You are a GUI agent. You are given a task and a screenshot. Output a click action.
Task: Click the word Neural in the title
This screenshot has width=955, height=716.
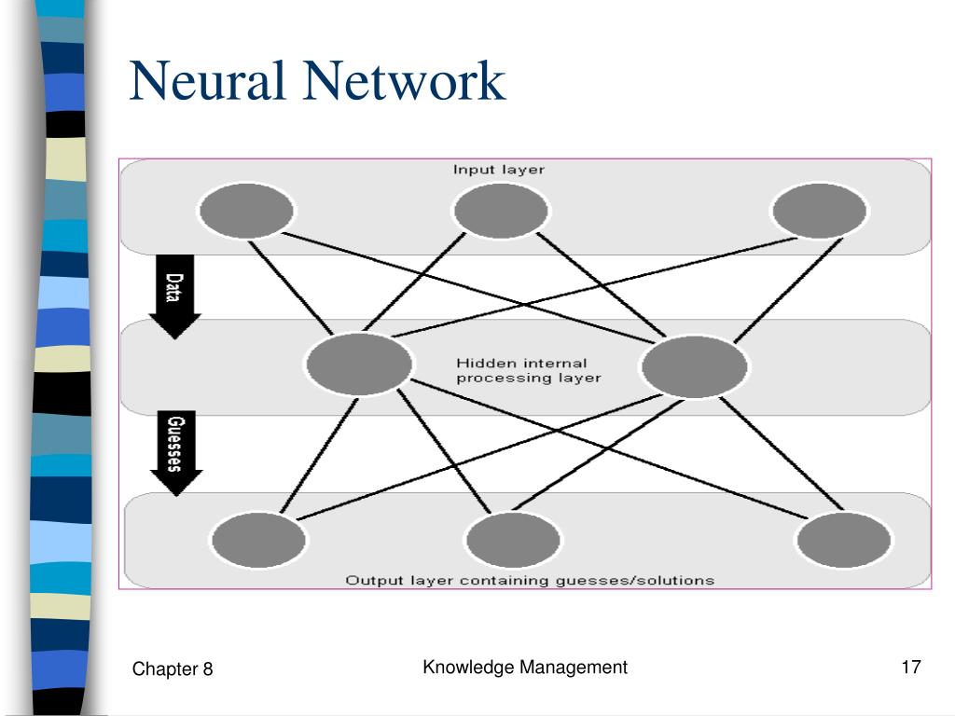(x=206, y=80)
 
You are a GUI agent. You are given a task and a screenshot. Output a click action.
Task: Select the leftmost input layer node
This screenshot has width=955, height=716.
(x=246, y=211)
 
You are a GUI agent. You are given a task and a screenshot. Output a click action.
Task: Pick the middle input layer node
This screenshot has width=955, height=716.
(x=501, y=211)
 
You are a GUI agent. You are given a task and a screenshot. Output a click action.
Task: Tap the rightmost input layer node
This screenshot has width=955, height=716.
(x=819, y=211)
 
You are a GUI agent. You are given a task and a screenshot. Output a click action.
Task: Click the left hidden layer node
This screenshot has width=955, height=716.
(x=359, y=365)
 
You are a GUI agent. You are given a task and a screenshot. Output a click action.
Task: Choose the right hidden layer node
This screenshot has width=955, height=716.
(x=694, y=366)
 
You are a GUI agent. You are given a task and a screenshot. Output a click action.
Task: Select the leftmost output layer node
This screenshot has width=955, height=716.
(x=258, y=540)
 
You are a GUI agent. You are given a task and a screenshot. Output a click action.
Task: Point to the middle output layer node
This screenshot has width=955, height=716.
(x=513, y=540)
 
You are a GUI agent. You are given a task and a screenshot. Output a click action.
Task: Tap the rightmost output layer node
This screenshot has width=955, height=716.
(x=843, y=540)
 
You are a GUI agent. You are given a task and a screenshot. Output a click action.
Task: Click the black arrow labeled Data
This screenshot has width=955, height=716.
(x=174, y=296)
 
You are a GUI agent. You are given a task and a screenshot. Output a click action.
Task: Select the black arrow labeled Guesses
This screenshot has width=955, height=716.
(x=176, y=453)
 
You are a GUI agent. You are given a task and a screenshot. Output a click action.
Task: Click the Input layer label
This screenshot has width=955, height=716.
(x=499, y=170)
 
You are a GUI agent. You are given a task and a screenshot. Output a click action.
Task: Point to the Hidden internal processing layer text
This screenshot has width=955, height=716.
(x=529, y=371)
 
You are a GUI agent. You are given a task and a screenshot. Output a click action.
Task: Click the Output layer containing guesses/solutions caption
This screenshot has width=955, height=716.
(x=530, y=580)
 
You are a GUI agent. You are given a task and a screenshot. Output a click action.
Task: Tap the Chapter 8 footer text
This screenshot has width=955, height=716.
(x=173, y=669)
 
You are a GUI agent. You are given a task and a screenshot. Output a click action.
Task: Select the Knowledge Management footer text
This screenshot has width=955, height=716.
(x=525, y=668)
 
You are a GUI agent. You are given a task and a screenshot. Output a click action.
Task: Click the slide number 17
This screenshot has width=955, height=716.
(x=911, y=668)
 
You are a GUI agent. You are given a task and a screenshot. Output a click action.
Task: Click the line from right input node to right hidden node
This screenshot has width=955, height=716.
(x=789, y=290)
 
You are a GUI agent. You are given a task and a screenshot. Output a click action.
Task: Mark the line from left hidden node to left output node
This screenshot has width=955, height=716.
(x=319, y=455)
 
